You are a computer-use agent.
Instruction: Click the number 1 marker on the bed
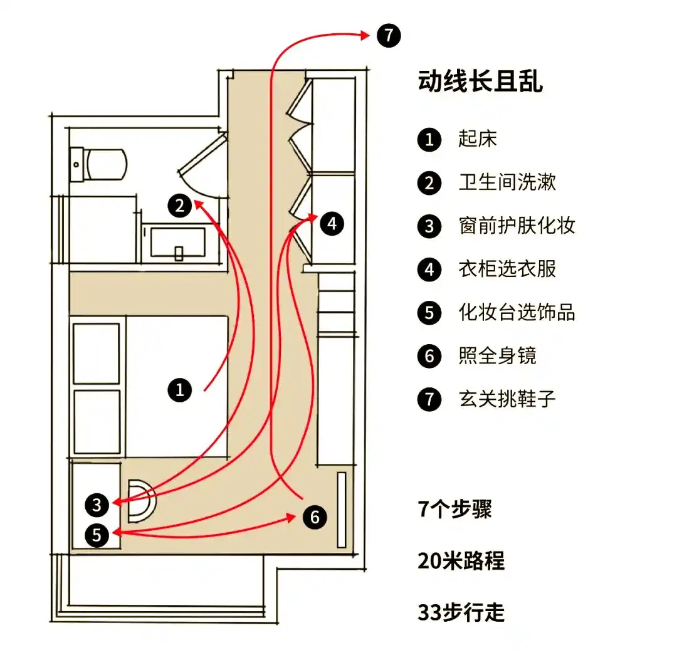(180, 390)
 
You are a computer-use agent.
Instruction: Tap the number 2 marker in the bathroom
(180, 206)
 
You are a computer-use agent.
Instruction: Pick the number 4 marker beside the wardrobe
(332, 223)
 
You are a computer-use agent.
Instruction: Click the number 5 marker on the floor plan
(97, 535)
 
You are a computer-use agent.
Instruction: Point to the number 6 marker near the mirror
(315, 517)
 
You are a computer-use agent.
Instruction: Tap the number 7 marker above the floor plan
(388, 35)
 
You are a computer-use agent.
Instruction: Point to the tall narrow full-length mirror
(342, 510)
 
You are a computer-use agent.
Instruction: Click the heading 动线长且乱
(480, 82)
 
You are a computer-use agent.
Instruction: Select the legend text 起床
(478, 139)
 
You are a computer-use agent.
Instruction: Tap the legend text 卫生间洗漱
(507, 182)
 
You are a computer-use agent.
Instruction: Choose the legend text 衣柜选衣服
(507, 269)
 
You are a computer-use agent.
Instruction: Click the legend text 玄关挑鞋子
(507, 399)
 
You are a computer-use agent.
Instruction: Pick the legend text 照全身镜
(498, 355)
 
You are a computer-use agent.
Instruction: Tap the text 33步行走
(461, 612)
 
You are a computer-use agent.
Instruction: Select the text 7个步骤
(455, 509)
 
